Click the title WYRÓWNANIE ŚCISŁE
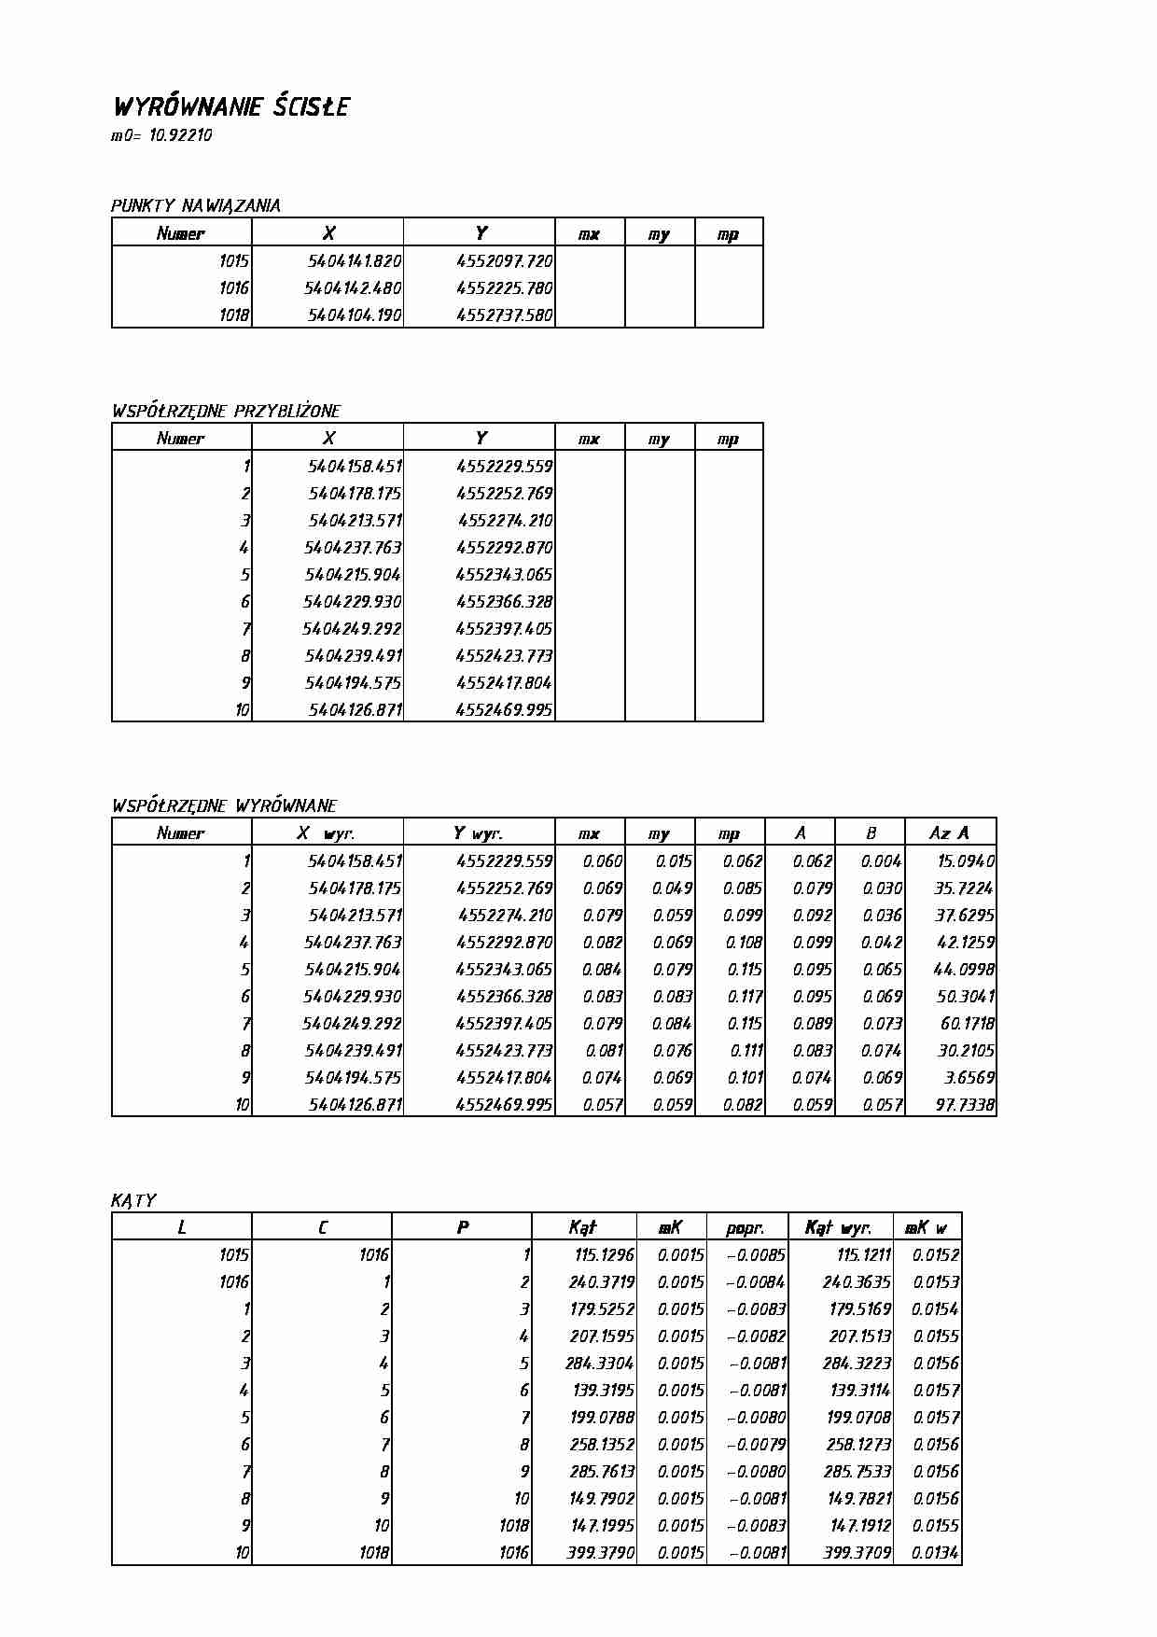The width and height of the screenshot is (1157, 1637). click(x=230, y=106)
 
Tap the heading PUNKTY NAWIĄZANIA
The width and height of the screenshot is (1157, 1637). click(x=195, y=205)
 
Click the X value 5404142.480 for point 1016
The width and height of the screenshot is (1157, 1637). click(x=354, y=288)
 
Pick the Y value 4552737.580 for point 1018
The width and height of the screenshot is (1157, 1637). click(x=504, y=315)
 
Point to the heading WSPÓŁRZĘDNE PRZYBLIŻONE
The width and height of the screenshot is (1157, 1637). click(x=226, y=411)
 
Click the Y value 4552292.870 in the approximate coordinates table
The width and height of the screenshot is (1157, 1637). click(x=504, y=548)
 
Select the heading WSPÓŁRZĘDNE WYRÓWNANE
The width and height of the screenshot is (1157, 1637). click(x=224, y=805)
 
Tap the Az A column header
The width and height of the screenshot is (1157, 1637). click(x=949, y=833)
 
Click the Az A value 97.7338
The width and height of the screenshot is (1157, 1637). click(x=965, y=1105)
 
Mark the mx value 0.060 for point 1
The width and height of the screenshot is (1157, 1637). click(x=602, y=861)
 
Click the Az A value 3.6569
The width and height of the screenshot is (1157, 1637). click(x=969, y=1078)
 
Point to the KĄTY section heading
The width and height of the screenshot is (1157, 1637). click(x=133, y=1200)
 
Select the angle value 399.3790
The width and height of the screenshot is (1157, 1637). click(x=601, y=1553)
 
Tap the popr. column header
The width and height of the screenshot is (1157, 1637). click(x=745, y=1228)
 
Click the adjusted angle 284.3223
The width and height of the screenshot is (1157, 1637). click(x=857, y=1364)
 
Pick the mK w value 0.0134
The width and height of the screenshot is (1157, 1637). click(x=936, y=1553)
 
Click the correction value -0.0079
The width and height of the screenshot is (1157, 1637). click(x=756, y=1445)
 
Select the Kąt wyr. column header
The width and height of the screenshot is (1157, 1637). click(x=837, y=1228)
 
